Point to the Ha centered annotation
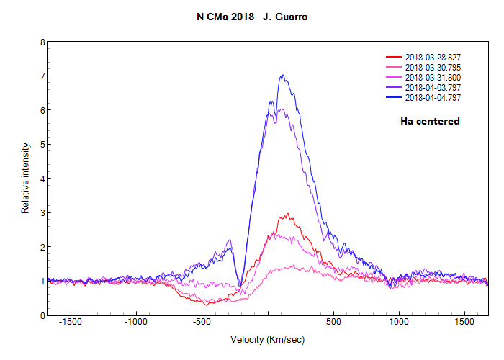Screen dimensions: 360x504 430,121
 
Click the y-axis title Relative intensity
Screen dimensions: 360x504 25,178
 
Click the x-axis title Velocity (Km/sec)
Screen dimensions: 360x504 267,339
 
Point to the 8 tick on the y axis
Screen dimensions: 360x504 42,42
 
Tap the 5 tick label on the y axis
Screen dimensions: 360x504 42,145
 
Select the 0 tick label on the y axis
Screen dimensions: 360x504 42,315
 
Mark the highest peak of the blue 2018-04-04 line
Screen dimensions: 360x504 282,75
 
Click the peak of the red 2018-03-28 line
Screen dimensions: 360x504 288,213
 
